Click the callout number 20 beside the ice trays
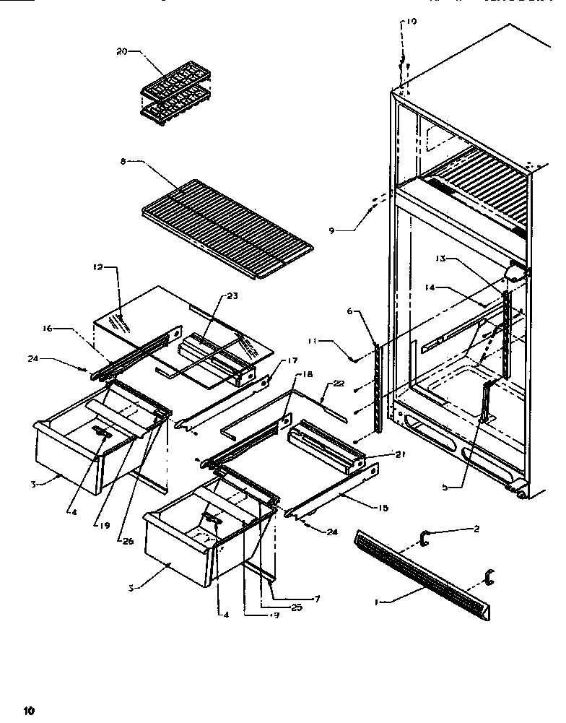click(x=121, y=51)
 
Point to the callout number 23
click(x=232, y=295)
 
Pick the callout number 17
click(x=272, y=360)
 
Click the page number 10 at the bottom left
click(x=28, y=710)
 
